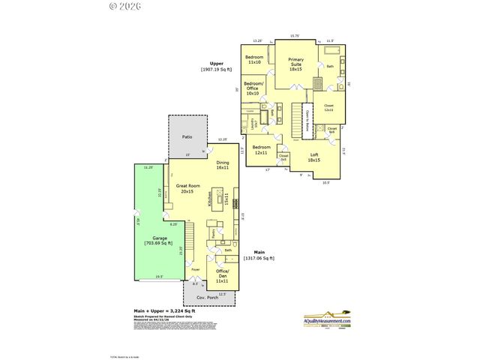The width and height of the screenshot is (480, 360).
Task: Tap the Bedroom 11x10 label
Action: click(255, 60)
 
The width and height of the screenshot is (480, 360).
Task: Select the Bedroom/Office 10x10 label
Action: click(254, 88)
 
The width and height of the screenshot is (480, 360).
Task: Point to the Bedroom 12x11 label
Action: click(262, 149)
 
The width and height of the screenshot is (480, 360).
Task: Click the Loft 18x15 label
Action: click(313, 157)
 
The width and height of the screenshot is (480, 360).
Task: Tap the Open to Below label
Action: click(307, 118)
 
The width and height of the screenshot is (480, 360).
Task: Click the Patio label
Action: click(188, 137)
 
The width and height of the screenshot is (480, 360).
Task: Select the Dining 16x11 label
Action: click(223, 166)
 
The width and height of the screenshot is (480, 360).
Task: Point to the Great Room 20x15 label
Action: click(190, 188)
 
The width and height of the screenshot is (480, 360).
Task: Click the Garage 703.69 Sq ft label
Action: click(158, 240)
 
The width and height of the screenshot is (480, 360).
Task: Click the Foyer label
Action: click(195, 269)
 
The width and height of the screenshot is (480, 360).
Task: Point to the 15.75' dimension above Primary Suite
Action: click(295, 35)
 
